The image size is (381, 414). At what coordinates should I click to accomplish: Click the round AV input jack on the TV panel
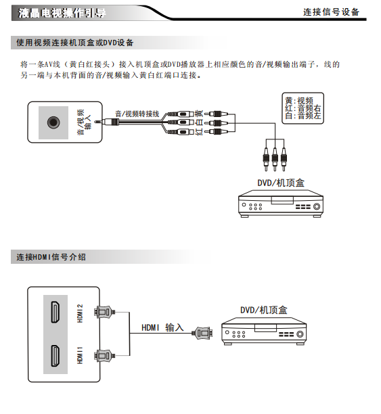53,122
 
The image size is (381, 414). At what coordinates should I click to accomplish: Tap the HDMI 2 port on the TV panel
55,312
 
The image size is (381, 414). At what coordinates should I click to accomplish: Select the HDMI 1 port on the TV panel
55,356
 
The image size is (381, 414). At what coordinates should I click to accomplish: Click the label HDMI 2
80,313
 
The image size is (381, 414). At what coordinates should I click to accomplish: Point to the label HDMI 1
80,355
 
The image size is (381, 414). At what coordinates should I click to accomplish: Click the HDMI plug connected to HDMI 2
104,312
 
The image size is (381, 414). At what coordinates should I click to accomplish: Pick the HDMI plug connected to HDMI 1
104,356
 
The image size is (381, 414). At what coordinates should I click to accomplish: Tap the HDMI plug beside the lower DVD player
202,333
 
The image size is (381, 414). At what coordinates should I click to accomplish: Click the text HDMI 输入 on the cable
162,327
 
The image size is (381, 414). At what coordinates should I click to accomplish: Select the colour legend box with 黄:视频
302,108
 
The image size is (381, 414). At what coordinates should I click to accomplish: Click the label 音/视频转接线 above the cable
137,114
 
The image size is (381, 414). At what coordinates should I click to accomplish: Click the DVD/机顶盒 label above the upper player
281,183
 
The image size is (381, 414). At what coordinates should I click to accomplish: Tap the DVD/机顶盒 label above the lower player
264,310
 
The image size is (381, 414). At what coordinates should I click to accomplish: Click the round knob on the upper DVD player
317,206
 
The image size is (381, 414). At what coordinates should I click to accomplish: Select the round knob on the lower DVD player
300,334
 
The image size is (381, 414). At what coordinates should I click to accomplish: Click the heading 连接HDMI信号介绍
51,257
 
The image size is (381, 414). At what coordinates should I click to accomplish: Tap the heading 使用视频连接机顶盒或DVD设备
75,43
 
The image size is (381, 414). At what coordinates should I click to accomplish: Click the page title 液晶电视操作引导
62,13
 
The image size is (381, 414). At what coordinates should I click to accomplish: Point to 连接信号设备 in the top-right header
332,12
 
